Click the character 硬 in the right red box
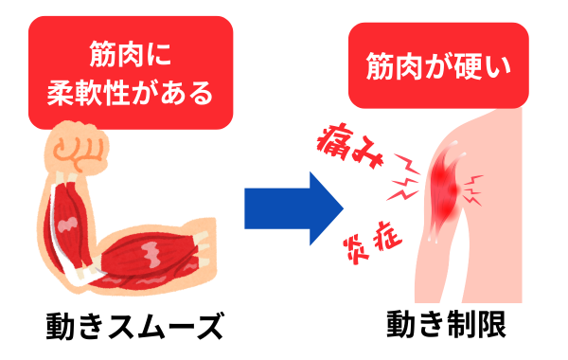pos(465,68)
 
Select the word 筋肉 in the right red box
pos(391,68)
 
